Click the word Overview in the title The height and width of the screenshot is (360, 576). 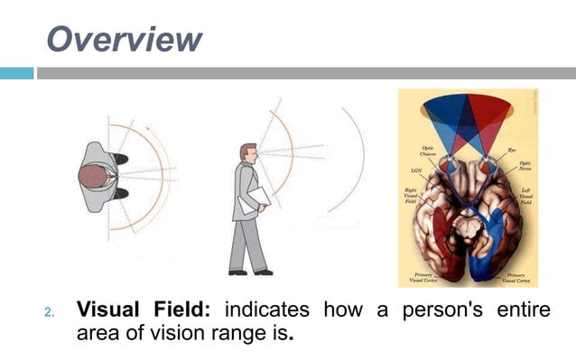click(123, 39)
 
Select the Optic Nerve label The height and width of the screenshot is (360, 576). click(525, 167)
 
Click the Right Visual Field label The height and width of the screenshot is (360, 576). click(413, 197)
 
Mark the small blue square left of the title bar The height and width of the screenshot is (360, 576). click(16, 73)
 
